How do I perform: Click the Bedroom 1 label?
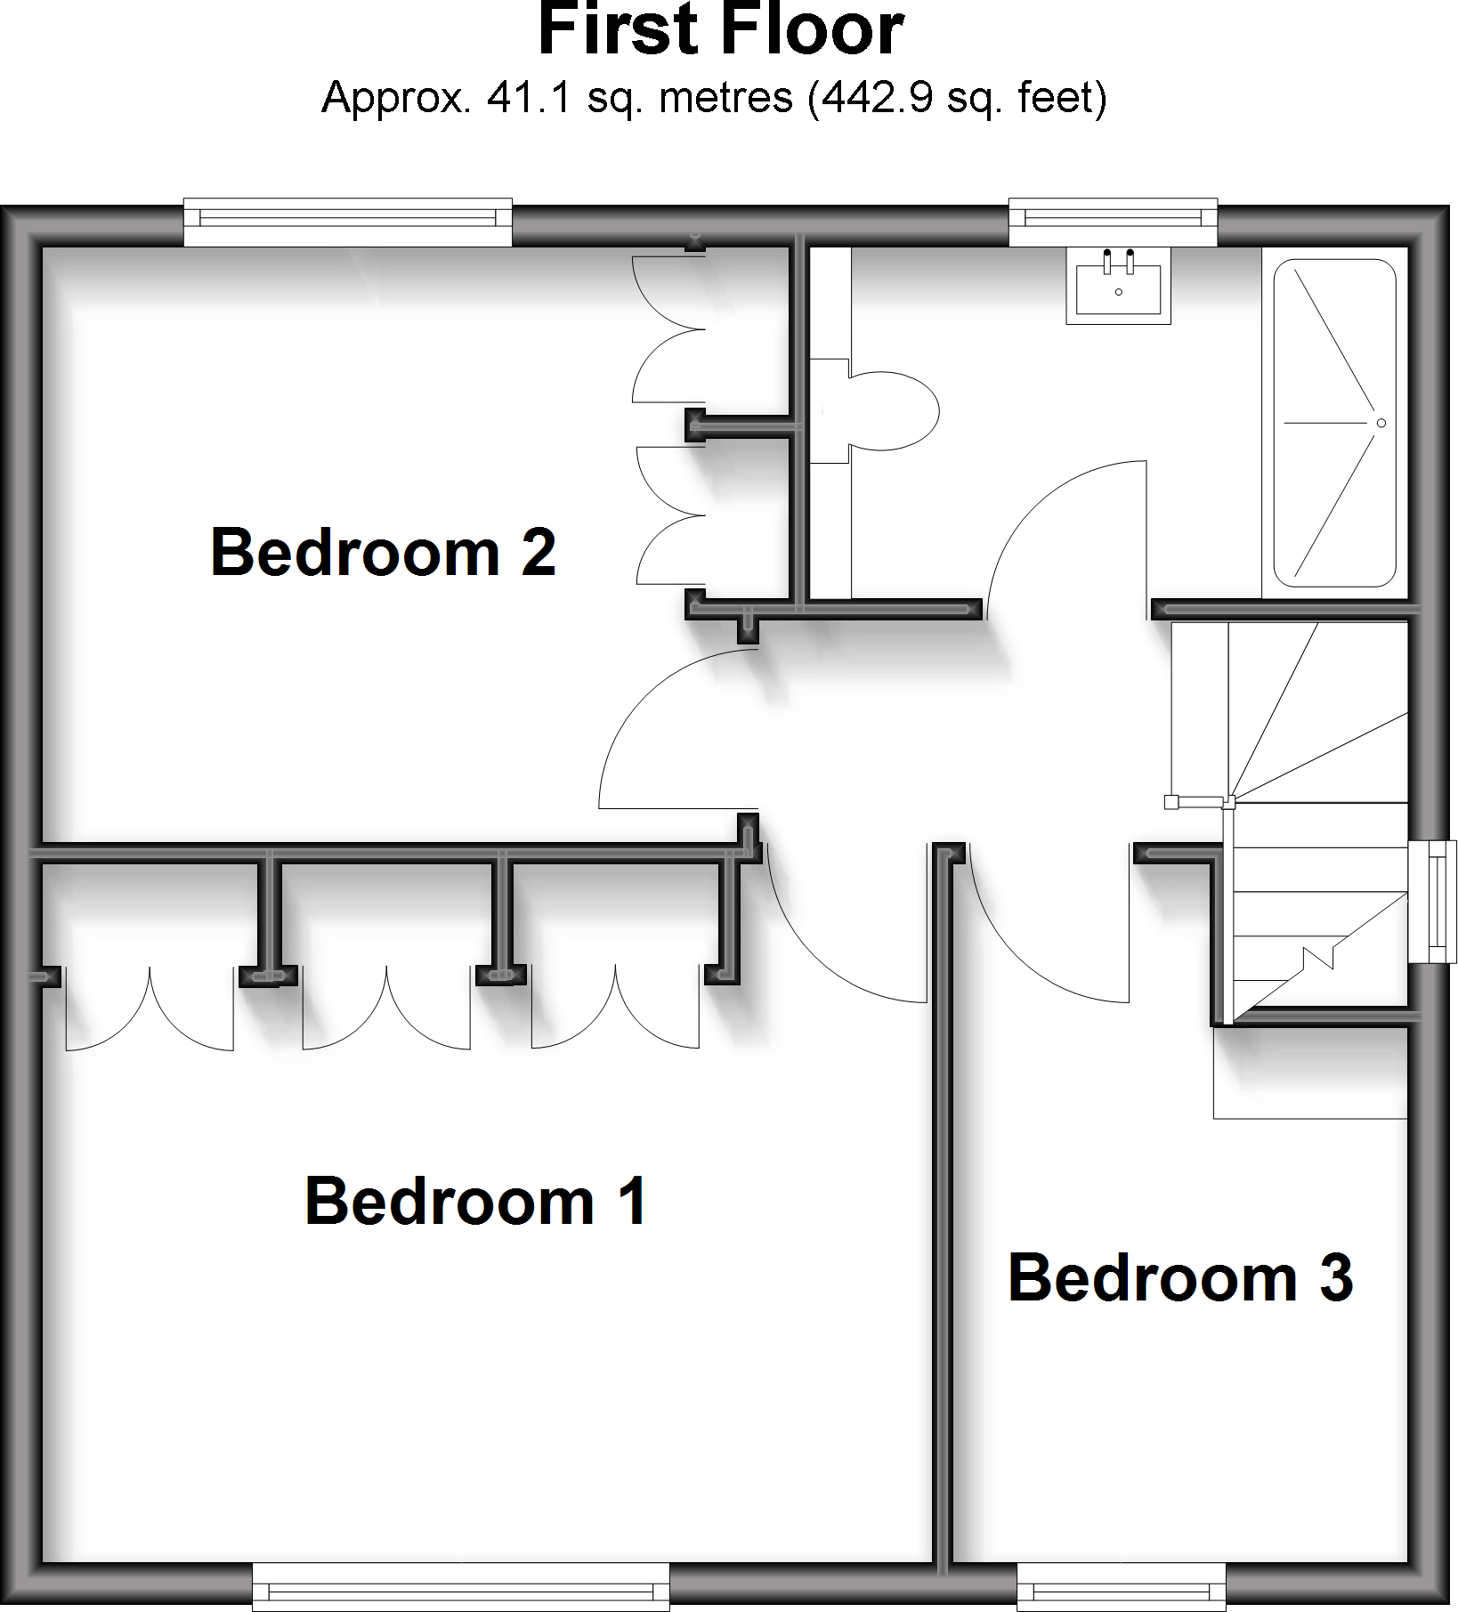click(475, 1202)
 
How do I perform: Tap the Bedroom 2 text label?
click(383, 553)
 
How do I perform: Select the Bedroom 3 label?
click(1180, 1278)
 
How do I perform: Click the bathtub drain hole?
click(1381, 423)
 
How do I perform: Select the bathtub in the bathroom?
click(1334, 423)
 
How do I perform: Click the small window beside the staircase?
click(1433, 901)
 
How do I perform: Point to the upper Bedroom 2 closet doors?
click(668, 329)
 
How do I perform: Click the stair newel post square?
click(1171, 803)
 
